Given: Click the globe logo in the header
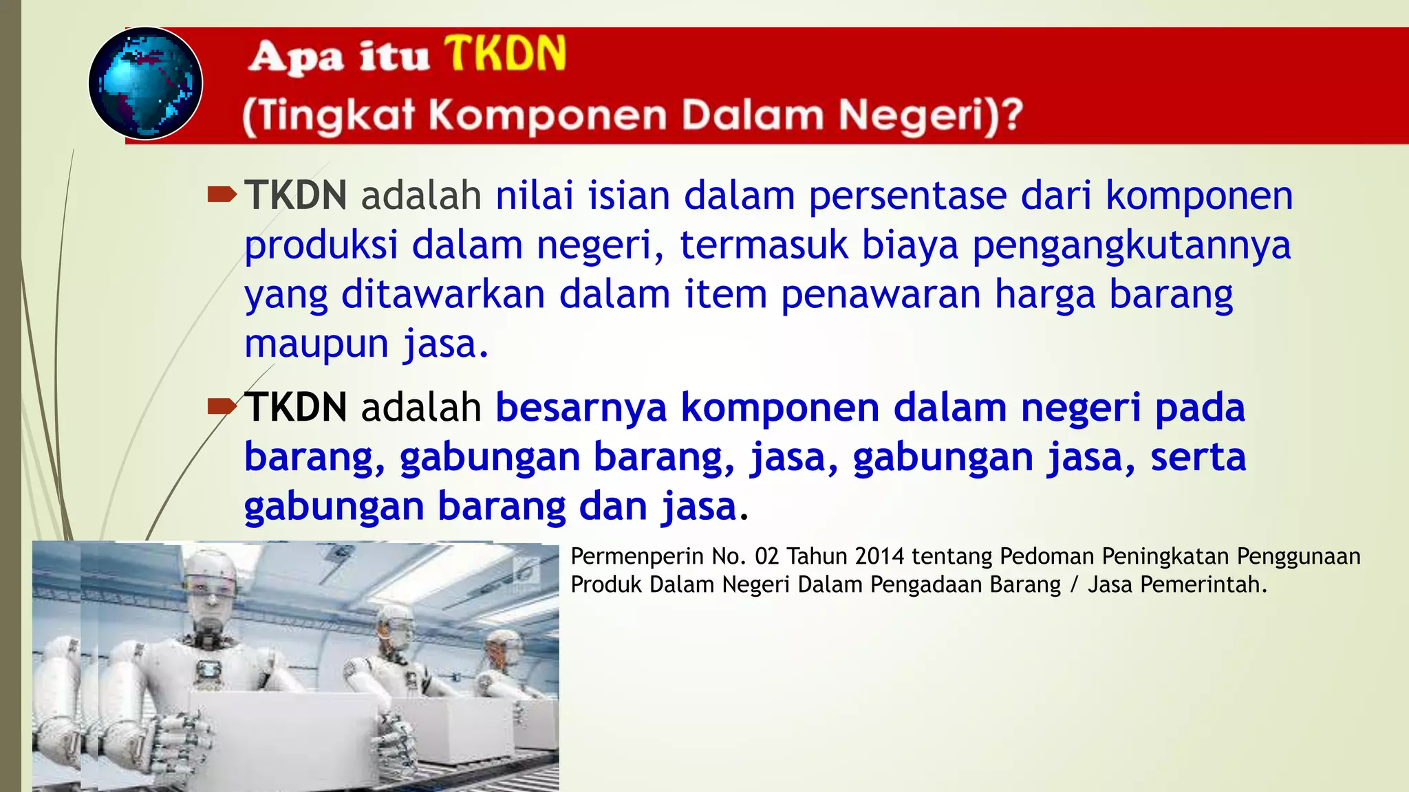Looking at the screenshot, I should pos(145,83).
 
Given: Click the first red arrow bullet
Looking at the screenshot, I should pos(222,195).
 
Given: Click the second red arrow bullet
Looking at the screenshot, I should pos(222,407).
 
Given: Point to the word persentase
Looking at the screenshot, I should pos(907,195).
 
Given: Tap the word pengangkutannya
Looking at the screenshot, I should pos(1132,245).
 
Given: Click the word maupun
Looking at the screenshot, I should pos(316,344).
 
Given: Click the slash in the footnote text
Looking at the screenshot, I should pos(1074,584).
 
